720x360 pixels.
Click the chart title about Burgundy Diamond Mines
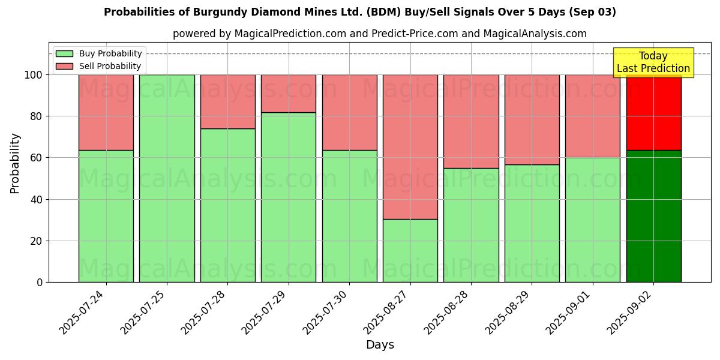coord(360,12)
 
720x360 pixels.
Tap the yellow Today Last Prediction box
coord(653,62)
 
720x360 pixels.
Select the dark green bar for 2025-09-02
coord(653,216)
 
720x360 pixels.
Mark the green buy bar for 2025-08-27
coord(410,251)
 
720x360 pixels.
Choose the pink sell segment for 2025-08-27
coord(410,147)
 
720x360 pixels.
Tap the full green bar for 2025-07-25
coord(167,178)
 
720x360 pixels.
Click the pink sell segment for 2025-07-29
coord(289,94)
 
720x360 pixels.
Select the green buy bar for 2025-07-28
coord(227,205)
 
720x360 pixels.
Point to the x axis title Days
coord(380,345)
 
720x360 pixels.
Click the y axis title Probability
coord(15,163)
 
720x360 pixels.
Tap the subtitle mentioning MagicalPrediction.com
coord(380,34)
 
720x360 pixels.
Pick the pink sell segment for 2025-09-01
coord(593,116)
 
